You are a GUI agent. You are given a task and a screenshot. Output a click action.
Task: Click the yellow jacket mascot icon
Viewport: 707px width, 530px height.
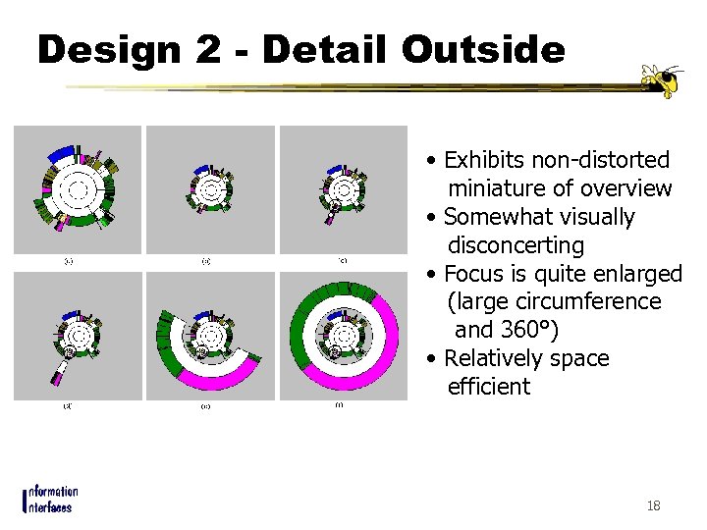click(x=660, y=80)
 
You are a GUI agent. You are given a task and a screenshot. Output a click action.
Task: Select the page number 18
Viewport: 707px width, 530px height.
click(x=654, y=505)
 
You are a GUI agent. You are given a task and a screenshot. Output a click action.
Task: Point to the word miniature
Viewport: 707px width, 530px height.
click(x=502, y=188)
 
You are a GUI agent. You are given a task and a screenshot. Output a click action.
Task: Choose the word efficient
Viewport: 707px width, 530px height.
click(x=488, y=387)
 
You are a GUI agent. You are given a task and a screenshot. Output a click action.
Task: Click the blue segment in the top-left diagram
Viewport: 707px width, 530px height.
click(x=63, y=153)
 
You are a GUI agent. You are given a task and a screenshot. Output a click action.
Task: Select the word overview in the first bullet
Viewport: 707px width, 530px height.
click(x=626, y=188)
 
